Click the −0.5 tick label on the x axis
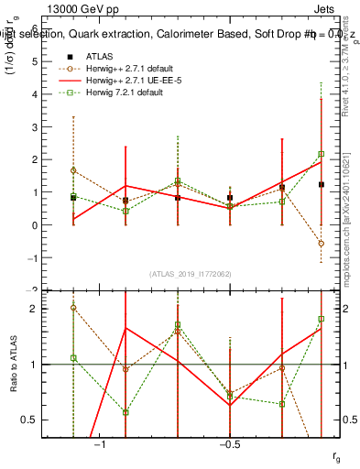tap(229, 444)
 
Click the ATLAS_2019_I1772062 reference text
tap(191, 273)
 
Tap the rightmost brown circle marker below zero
tap(321, 244)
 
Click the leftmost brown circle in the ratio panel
tap(72, 308)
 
